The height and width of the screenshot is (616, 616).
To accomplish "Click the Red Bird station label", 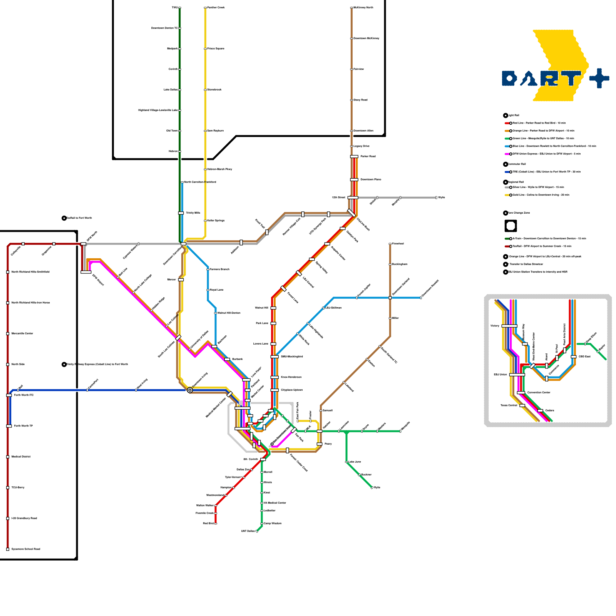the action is pyautogui.click(x=208, y=524).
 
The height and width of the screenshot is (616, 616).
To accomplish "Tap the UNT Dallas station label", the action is pyautogui.click(x=248, y=531).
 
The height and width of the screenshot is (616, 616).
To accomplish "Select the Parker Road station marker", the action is pyautogui.click(x=354, y=156).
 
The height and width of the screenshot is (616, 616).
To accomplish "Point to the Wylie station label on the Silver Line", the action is pyautogui.click(x=442, y=198).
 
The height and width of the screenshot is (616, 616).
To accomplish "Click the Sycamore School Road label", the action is pyautogui.click(x=26, y=549).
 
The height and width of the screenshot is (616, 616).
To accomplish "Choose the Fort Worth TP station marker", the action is pyautogui.click(x=9, y=426).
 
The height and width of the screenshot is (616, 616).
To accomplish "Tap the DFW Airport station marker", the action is pyautogui.click(x=86, y=272).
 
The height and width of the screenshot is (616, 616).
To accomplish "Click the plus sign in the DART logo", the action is pyautogui.click(x=599, y=79).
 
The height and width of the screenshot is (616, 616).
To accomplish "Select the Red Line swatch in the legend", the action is pyautogui.click(x=507, y=123).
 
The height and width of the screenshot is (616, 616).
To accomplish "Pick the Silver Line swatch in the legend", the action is pyautogui.click(x=507, y=187).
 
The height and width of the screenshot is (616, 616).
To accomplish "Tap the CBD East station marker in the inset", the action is pyautogui.click(x=574, y=357).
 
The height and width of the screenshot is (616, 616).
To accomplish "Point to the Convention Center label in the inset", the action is pyautogui.click(x=539, y=393).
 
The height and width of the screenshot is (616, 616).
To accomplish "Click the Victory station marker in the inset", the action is pyautogui.click(x=509, y=326).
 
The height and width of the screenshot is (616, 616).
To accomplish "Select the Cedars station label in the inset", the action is pyautogui.click(x=549, y=411).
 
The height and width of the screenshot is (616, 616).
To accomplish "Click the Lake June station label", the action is pyautogui.click(x=355, y=462).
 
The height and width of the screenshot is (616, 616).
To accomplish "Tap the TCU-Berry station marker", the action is pyautogui.click(x=8, y=488).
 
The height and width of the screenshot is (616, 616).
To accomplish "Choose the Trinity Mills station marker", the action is pyautogui.click(x=181, y=213).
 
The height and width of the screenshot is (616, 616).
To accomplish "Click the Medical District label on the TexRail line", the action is pyautogui.click(x=21, y=457).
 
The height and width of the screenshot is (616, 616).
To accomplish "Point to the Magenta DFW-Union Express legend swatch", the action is pyautogui.click(x=507, y=154).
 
